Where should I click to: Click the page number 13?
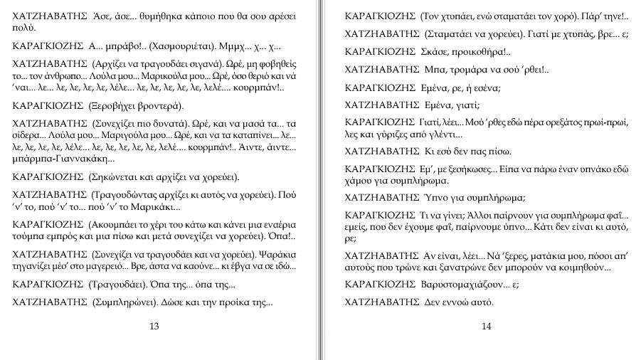point(154,327)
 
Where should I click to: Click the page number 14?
point(486,327)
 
